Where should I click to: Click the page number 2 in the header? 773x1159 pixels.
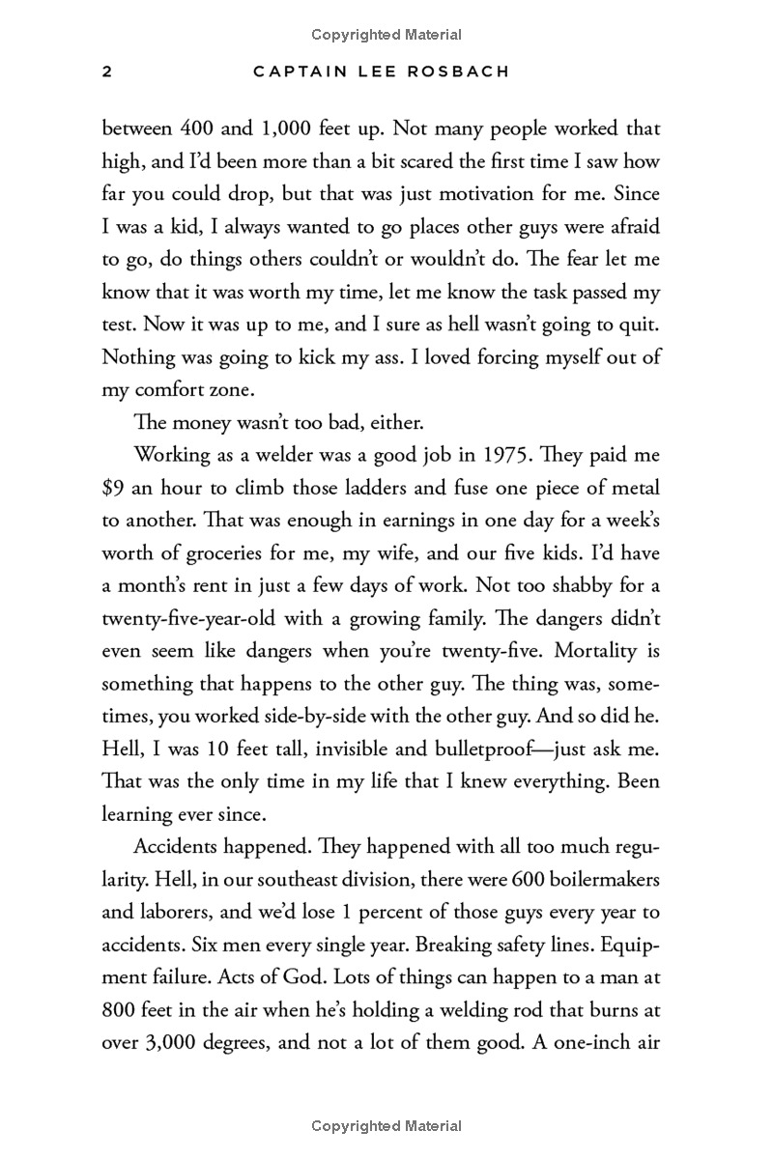107,72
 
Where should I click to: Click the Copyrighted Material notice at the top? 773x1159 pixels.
386,35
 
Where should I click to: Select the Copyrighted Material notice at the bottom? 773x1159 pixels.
386,1125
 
